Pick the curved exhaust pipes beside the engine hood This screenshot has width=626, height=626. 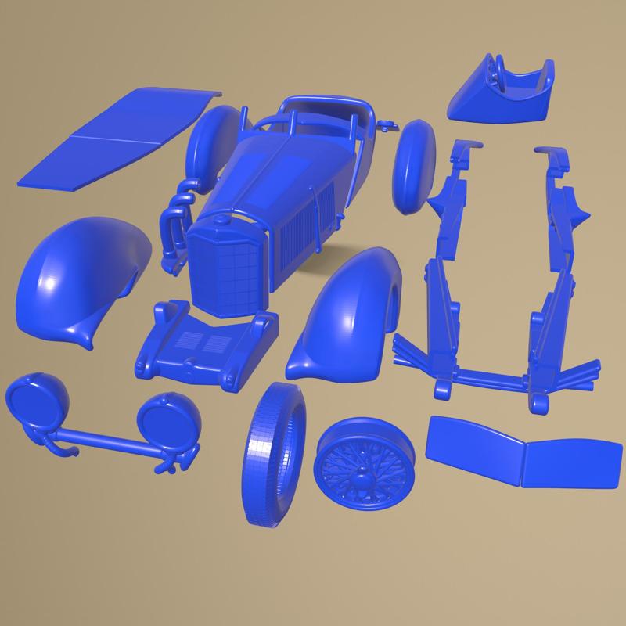174,223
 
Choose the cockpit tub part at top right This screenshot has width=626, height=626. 505,94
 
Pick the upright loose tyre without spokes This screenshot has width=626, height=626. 274,454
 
